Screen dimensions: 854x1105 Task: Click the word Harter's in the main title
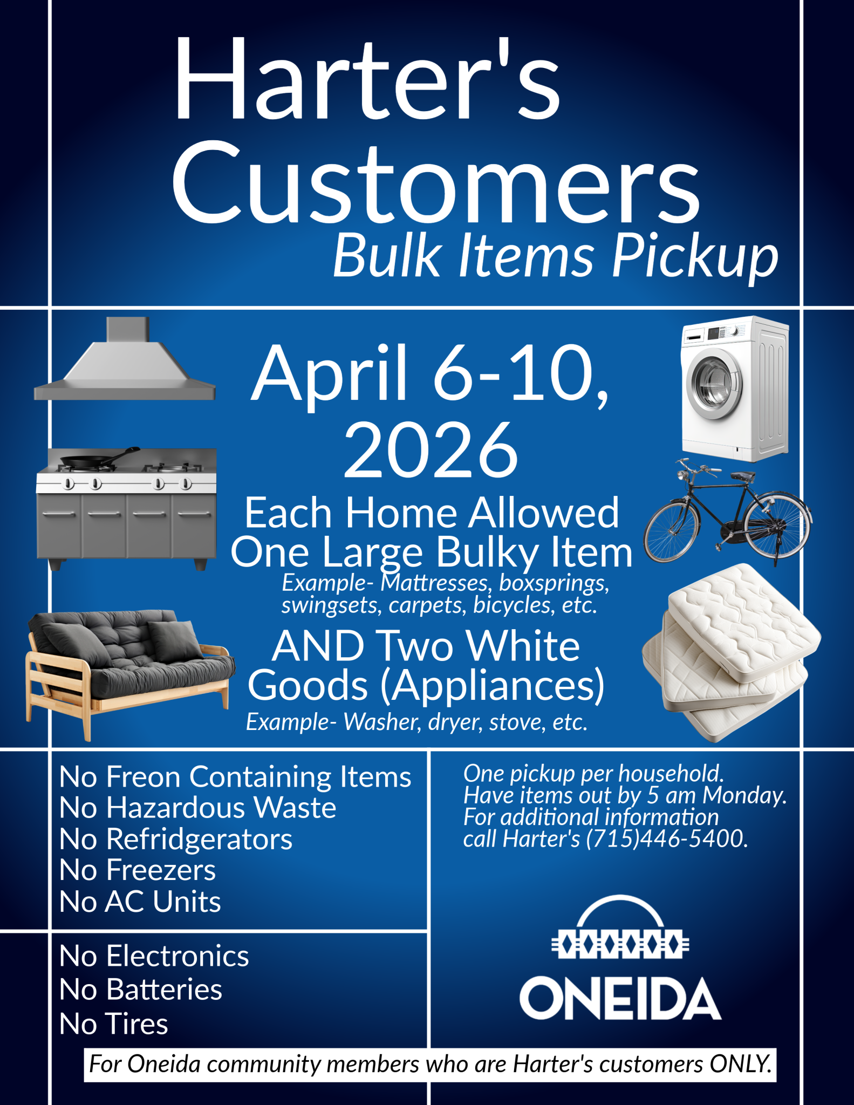(367, 79)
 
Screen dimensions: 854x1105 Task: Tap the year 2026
(431, 450)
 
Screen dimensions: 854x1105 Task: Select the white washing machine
(735, 388)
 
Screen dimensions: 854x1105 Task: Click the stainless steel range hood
(125, 358)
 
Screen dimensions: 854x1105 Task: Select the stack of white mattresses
(732, 652)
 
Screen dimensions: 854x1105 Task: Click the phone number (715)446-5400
(667, 838)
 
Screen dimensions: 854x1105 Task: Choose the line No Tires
(114, 1023)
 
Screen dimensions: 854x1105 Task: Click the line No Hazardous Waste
(198, 808)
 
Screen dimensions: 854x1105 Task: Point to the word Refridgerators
(200, 840)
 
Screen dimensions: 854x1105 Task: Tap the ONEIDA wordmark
(620, 999)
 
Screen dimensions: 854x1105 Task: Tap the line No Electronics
(154, 956)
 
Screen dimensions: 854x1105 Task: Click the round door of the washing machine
(714, 384)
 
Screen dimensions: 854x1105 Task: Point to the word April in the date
(329, 376)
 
